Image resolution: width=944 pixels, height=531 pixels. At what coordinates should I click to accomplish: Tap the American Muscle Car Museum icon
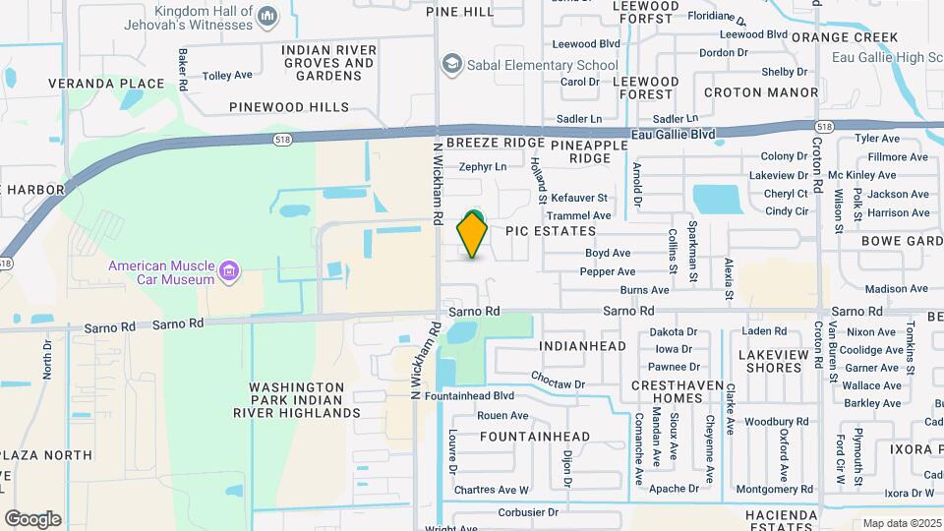(x=230, y=270)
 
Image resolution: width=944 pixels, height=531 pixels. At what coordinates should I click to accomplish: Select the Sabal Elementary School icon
(x=452, y=65)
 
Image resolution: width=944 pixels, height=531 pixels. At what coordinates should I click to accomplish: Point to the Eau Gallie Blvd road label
(x=675, y=134)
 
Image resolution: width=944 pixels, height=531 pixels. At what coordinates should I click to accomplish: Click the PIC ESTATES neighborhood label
(x=551, y=231)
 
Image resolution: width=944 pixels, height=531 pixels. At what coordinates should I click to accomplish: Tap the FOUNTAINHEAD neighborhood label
(x=536, y=437)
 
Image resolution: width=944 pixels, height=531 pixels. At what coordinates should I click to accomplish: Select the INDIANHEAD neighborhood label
(x=583, y=346)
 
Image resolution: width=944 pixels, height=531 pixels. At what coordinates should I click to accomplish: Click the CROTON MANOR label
(x=761, y=92)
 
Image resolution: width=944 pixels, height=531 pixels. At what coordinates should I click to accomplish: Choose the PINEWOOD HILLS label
(x=289, y=106)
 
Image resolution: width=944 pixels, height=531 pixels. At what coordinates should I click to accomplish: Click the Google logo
(x=32, y=519)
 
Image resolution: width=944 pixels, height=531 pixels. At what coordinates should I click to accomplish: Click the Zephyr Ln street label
(x=483, y=167)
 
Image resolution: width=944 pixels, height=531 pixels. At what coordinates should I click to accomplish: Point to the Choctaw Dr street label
(x=558, y=383)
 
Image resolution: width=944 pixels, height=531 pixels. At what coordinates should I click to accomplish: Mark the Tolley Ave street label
(x=227, y=75)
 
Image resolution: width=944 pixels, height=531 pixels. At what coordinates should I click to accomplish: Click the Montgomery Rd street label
(x=774, y=490)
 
